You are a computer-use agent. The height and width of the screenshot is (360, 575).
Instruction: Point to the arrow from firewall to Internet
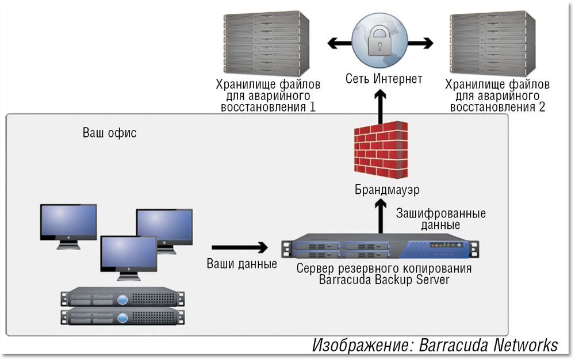(379, 105)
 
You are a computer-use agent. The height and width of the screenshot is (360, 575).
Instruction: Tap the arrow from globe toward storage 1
(339, 42)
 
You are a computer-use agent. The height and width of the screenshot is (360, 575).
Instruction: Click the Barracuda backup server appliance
(379, 248)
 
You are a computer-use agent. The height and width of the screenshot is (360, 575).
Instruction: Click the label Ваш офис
(109, 133)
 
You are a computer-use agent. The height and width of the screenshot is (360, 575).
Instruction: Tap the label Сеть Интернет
(384, 78)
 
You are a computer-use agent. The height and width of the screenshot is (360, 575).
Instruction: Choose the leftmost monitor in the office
(68, 223)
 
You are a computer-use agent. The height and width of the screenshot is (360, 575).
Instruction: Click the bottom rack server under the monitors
(122, 317)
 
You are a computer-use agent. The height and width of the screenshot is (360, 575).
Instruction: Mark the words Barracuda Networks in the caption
(488, 345)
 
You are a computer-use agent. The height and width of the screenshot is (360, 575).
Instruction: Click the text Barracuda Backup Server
(384, 280)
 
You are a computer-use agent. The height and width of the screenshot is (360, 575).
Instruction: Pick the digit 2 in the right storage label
(542, 107)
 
